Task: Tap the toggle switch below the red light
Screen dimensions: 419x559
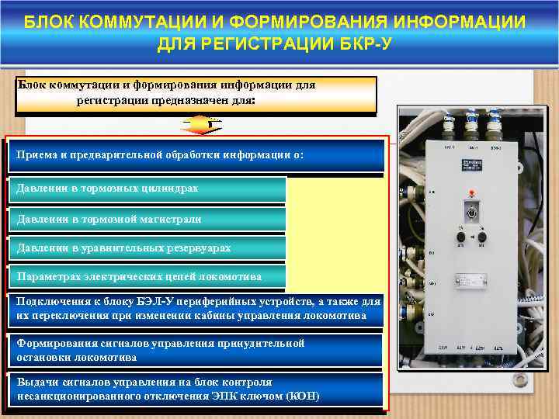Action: pos(470,212)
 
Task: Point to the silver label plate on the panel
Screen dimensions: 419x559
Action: pos(473,282)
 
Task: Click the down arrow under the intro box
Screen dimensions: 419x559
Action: pos(200,124)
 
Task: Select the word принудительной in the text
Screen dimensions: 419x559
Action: pos(262,343)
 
